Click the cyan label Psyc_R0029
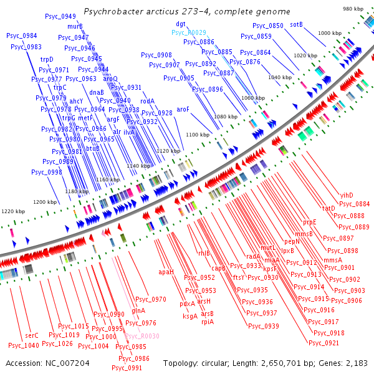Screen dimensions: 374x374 point(189,32)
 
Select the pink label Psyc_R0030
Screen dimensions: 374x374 point(143,336)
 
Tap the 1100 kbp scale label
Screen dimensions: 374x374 point(198,135)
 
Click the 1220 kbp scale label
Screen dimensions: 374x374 point(12,212)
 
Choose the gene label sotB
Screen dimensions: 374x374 point(296,25)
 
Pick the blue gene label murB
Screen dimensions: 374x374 point(75,26)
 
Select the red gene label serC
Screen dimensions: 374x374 point(32,335)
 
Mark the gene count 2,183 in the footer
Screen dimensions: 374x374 point(357,363)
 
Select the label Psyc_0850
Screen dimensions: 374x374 point(267,26)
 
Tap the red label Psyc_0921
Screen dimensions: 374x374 point(324,343)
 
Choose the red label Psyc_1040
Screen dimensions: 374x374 point(24,345)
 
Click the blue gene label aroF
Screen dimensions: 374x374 point(183,109)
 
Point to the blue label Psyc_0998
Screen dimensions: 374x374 point(46,172)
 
